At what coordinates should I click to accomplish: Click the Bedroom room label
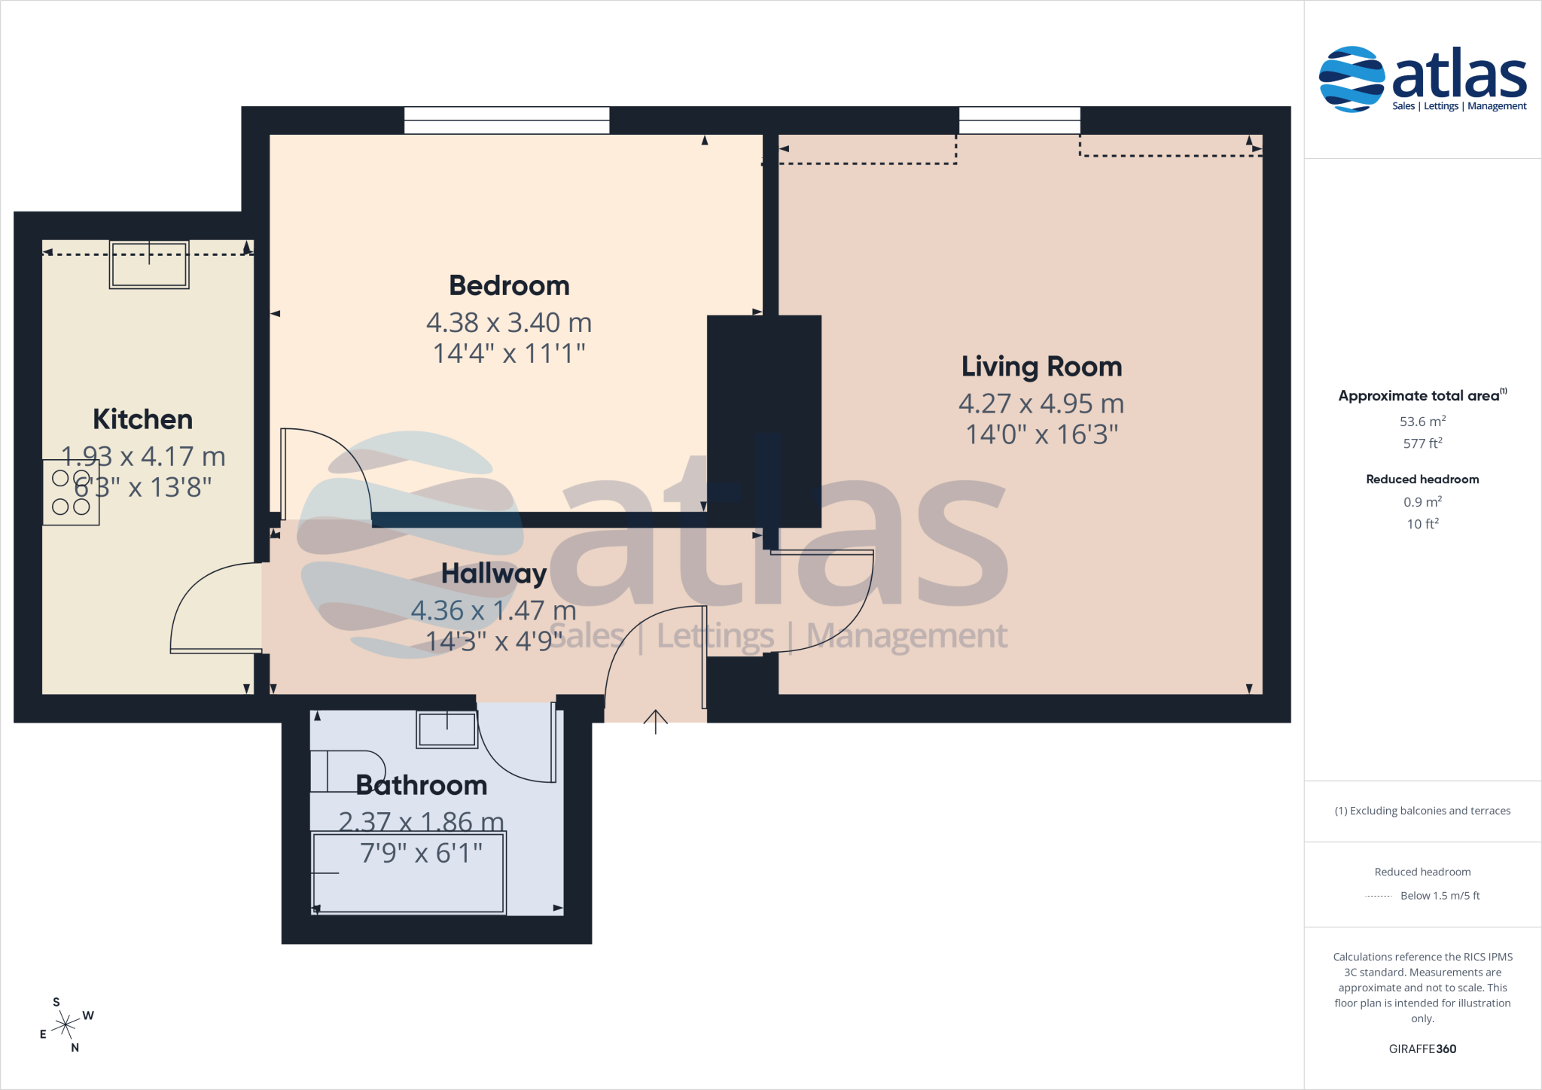click(509, 286)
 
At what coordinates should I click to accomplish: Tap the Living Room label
click(1041, 367)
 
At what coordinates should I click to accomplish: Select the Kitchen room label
click(142, 419)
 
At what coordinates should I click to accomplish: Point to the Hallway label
click(494, 574)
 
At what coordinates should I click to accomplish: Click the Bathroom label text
click(422, 785)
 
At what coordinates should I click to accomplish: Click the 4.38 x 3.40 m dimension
click(509, 323)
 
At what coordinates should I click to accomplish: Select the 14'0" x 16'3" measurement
click(1041, 434)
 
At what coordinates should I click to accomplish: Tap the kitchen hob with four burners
click(71, 492)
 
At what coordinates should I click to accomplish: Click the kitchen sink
click(149, 264)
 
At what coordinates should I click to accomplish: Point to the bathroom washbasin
click(447, 729)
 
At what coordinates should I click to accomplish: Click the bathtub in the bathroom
click(408, 872)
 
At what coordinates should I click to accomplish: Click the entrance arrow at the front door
click(655, 721)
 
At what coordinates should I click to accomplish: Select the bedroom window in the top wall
click(507, 120)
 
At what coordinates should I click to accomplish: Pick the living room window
click(1019, 120)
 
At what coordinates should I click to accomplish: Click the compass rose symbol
click(66, 1025)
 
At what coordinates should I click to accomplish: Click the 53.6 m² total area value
click(1422, 422)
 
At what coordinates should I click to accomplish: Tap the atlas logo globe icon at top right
click(1352, 79)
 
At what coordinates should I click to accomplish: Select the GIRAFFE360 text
click(1422, 1049)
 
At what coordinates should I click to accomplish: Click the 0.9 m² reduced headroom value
click(1422, 502)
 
